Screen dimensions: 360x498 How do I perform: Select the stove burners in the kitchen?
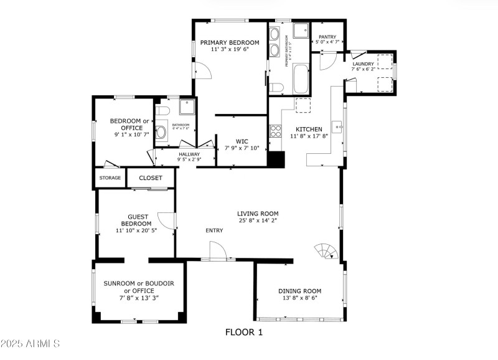pyautogui.click(x=275, y=131)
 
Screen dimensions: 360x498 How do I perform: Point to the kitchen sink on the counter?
pyautogui.click(x=339, y=127)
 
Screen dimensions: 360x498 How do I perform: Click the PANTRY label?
pyautogui.click(x=327, y=37)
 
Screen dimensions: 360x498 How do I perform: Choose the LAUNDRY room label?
pyautogui.click(x=363, y=64)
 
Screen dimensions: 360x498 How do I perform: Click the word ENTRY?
pyautogui.click(x=214, y=231)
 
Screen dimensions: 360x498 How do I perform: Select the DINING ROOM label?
pyautogui.click(x=299, y=291)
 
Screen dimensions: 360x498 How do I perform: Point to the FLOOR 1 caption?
pyautogui.click(x=244, y=333)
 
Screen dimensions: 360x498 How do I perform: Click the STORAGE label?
pyautogui.click(x=110, y=178)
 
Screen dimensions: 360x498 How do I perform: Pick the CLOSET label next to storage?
pyautogui.click(x=151, y=178)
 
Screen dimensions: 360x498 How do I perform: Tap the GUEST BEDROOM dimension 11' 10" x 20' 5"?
pyautogui.click(x=136, y=231)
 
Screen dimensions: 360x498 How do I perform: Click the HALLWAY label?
pyautogui.click(x=189, y=154)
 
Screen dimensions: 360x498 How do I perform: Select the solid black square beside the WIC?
pyautogui.click(x=276, y=159)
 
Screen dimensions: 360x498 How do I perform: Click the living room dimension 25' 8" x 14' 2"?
pyautogui.click(x=258, y=220)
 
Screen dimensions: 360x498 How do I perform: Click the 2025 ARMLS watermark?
pyautogui.click(x=30, y=343)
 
